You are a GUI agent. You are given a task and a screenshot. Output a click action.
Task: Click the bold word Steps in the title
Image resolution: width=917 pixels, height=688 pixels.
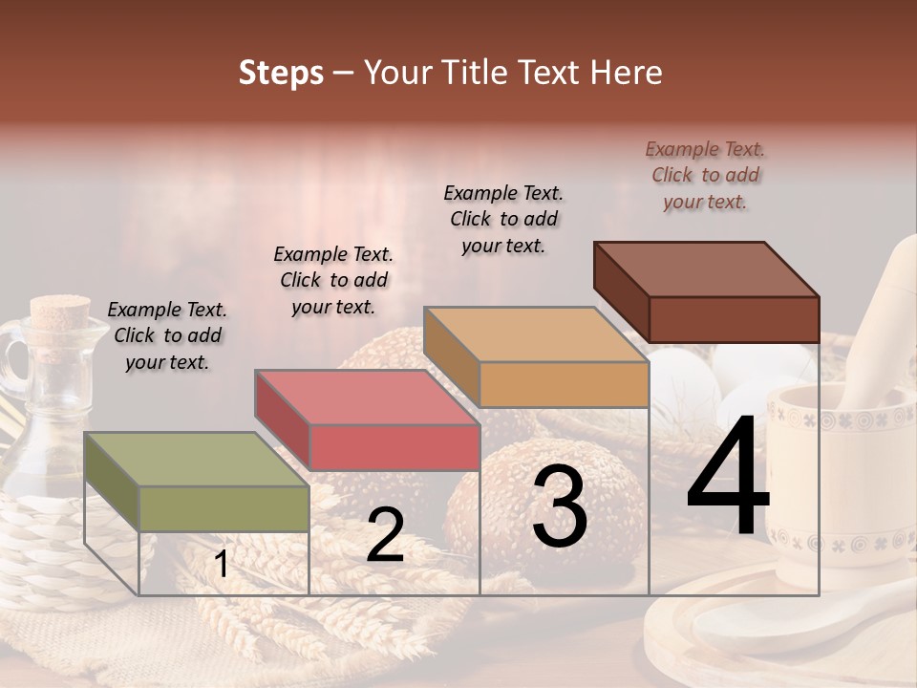coord(281,73)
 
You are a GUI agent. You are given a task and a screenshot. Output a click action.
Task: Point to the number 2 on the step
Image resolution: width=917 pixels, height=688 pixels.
coord(385,535)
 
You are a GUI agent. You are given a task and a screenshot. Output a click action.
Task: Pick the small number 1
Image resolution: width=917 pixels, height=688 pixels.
coord(222,564)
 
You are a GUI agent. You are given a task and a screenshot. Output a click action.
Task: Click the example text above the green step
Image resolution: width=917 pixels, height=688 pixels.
coord(167,335)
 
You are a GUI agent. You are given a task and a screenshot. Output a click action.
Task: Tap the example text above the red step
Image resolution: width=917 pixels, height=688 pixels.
coord(333,280)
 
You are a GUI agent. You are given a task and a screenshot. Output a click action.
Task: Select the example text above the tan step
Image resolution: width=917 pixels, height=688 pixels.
coord(503,219)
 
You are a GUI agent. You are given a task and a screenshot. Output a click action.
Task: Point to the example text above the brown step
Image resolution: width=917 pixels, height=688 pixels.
coord(705,175)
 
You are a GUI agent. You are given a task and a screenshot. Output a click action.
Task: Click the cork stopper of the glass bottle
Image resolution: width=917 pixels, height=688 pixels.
coord(53,312)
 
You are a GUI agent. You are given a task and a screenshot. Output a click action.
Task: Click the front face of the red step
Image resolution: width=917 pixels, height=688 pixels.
coord(394,447)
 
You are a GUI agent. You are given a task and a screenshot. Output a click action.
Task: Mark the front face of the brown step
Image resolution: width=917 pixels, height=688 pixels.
coord(734,319)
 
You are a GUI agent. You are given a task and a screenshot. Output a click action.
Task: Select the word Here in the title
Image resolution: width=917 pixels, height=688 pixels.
coord(627,73)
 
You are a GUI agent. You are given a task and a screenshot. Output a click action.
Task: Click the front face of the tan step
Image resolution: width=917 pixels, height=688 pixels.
coord(564,384)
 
